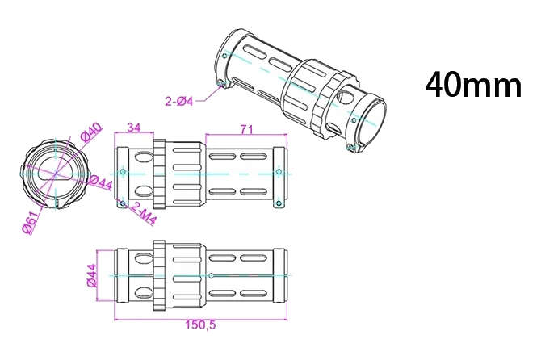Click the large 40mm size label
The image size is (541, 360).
click(x=474, y=85)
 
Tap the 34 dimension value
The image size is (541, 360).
click(x=134, y=127)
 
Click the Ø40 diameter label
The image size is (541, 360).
click(x=90, y=132)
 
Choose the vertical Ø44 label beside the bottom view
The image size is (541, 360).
click(x=91, y=277)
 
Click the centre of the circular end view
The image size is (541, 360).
click(x=55, y=173)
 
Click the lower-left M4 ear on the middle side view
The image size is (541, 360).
click(x=121, y=203)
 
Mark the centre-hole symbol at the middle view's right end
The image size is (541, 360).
click(x=279, y=172)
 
